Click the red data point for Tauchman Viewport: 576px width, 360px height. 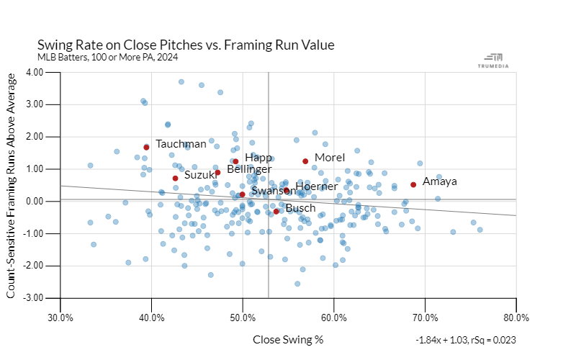click(146, 147)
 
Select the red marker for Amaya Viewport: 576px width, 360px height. click(413, 184)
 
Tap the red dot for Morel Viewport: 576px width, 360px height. click(305, 161)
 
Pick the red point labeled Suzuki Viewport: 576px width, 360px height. click(175, 178)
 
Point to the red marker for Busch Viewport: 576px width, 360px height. click(276, 211)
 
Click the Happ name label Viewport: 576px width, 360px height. click(258, 157)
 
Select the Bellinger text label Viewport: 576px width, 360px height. click(249, 168)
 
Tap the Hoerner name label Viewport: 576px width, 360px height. click(316, 186)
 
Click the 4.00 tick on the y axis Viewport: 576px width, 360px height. click(35, 72)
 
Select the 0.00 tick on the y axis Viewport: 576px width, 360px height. click(35, 201)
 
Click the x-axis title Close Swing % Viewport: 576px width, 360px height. click(288, 338)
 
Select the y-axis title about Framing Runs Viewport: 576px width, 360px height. click(12, 185)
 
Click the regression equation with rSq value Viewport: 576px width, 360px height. click(465, 339)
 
